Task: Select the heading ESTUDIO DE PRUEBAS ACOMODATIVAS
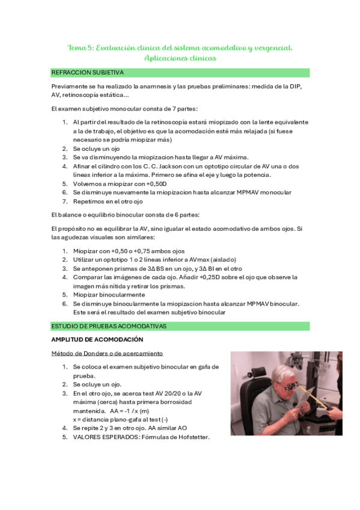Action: [109, 326]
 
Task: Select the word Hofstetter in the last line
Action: [191, 437]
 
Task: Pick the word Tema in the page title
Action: [78, 48]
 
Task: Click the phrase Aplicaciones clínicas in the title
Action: [180, 58]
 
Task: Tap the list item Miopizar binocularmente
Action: [109, 295]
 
